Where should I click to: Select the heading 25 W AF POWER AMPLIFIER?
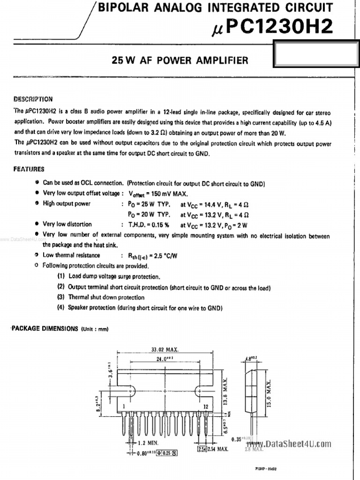point(180,60)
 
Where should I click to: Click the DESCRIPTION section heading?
point(33,99)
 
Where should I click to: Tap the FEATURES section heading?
point(29,169)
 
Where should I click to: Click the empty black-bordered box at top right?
point(316,55)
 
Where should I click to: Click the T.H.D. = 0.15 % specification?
point(149,225)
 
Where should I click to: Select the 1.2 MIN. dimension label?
point(148,442)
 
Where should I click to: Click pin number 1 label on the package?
point(123,406)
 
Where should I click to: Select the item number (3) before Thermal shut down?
point(60,297)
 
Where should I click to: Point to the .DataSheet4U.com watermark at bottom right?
point(296,444)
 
